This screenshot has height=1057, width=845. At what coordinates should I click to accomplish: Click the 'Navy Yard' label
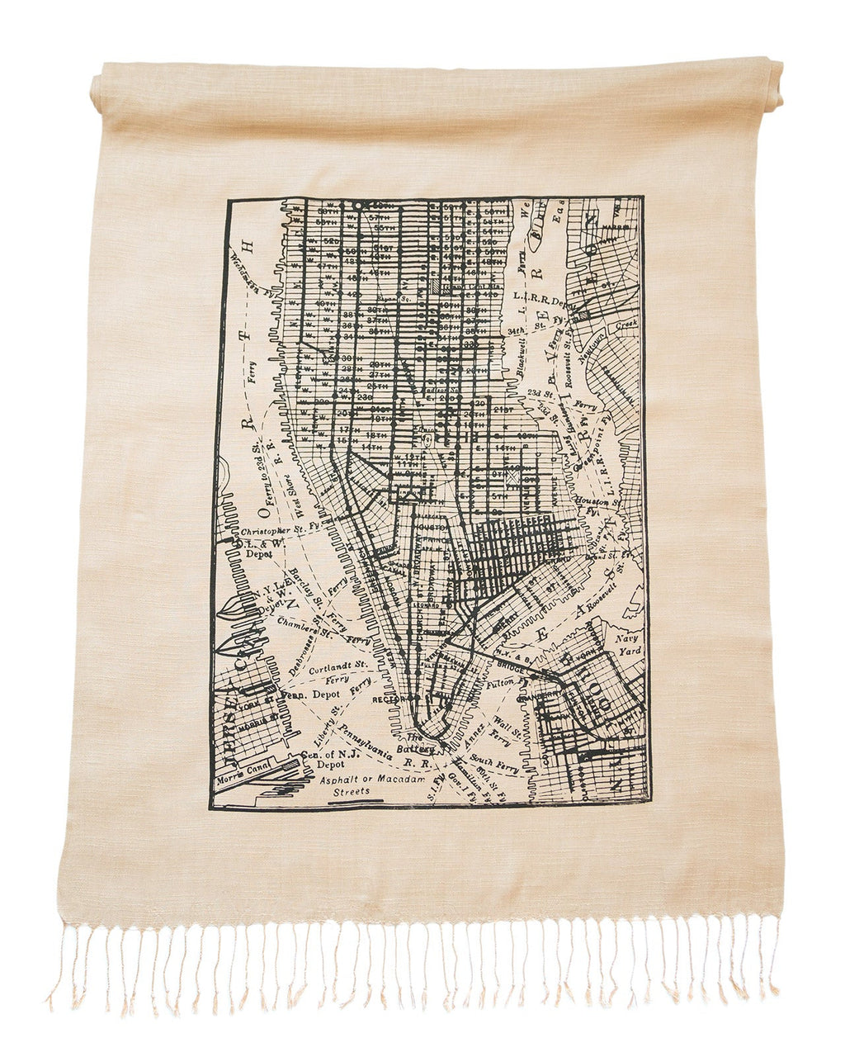pos(624,644)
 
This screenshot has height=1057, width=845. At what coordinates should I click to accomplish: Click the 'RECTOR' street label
pos(386,699)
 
